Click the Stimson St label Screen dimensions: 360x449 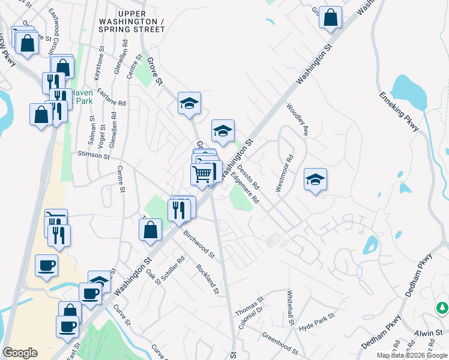pos(94,155)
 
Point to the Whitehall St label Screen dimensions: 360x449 pos(291,308)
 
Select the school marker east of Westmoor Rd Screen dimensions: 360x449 pos(315,179)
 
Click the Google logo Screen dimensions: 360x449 pos(20,353)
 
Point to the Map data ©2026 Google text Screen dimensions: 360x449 pos(412,355)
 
